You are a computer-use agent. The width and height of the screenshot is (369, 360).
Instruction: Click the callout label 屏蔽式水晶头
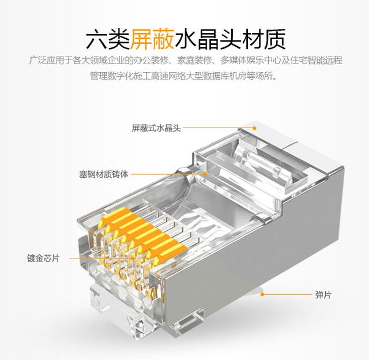(156, 128)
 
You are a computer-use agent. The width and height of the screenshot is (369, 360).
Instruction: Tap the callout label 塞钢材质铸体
(104, 174)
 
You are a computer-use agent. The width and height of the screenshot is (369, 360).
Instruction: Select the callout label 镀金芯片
(43, 258)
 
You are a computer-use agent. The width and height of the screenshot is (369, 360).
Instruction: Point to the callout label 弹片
(323, 295)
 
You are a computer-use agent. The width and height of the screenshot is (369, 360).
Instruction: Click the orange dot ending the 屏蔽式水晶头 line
(254, 128)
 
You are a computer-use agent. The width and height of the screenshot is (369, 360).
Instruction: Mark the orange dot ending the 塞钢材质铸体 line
(205, 174)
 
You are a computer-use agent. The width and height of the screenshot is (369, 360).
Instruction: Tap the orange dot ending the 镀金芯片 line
(133, 258)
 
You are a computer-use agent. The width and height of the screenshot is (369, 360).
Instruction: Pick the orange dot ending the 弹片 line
(262, 294)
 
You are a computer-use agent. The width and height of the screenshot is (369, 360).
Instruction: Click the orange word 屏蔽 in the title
(152, 39)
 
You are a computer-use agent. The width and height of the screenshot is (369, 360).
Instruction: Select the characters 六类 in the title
(108, 39)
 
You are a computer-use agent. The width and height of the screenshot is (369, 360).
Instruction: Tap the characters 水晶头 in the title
(208, 39)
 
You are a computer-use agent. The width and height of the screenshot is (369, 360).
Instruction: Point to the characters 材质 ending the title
(263, 39)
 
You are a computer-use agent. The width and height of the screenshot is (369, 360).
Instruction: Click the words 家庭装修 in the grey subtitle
(194, 61)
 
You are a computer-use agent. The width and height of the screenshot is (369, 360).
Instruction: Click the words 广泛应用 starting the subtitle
(46, 61)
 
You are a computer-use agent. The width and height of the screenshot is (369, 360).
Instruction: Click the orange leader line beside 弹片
(287, 294)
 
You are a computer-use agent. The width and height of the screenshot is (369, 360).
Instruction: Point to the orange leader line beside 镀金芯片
(101, 258)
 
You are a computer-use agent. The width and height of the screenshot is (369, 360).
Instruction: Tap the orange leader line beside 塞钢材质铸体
(168, 174)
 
